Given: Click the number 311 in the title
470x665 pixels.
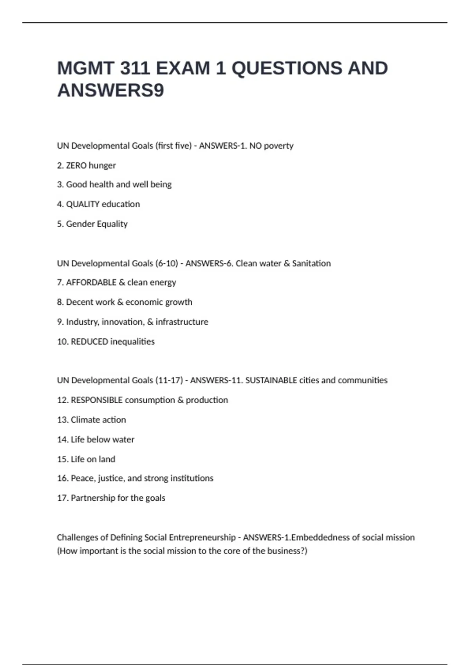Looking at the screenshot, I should [135, 68].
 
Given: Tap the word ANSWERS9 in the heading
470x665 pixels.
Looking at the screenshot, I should [110, 90].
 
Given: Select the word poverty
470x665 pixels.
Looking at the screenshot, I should [278, 146].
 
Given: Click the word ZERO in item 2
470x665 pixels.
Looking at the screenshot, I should [76, 165].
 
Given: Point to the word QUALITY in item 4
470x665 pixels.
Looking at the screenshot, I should [83, 204].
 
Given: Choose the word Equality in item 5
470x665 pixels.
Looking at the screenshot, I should [112, 224].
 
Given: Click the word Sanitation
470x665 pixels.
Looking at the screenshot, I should [311, 263].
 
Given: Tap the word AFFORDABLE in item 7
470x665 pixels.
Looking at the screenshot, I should [91, 282].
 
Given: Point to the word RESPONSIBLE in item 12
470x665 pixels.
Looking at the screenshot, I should [96, 400].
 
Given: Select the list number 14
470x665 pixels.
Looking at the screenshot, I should [62, 440].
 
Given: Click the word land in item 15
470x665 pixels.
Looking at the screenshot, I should [107, 459].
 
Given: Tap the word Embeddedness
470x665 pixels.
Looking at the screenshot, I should [320, 537].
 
